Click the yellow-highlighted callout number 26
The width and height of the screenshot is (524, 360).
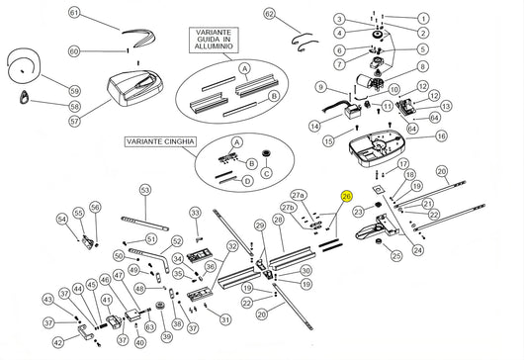click(346, 197)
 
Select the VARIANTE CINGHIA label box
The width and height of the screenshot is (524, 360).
click(157, 142)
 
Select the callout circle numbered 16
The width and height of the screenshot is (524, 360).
click(441, 136)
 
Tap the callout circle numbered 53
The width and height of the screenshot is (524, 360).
click(144, 189)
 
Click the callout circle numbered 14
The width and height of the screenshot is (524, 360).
click(313, 127)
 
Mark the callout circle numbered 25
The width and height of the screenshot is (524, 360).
click(396, 256)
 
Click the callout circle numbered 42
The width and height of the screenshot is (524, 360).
click(58, 343)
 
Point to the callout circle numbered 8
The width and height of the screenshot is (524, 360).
click(423, 67)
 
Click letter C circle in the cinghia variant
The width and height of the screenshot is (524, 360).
click(265, 173)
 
